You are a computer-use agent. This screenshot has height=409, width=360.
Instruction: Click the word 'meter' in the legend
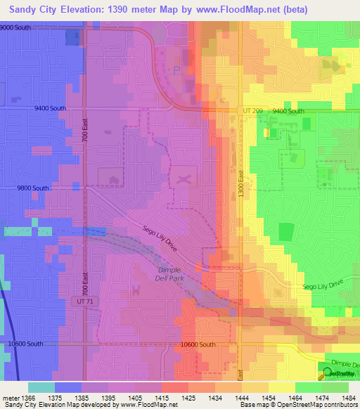[10, 397]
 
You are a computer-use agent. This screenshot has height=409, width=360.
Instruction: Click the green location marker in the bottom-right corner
[327, 372]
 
